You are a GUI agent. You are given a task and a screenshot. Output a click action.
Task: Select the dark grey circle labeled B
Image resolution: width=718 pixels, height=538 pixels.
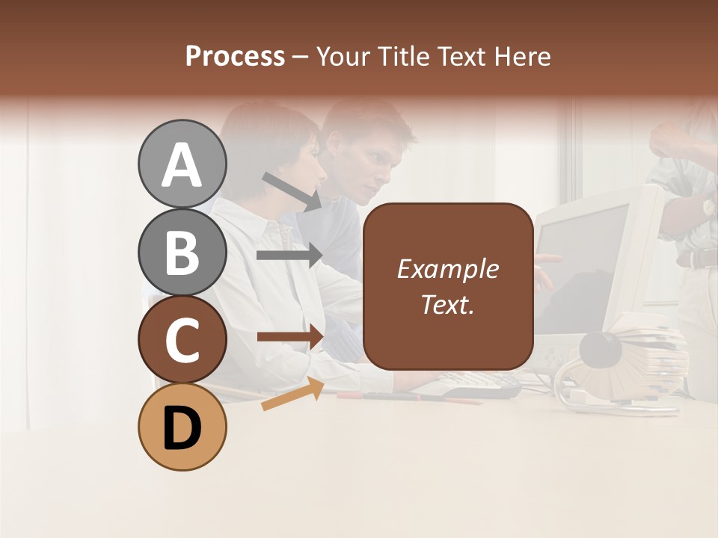182,252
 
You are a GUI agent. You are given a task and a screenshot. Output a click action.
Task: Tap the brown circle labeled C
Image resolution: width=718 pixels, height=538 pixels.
182,340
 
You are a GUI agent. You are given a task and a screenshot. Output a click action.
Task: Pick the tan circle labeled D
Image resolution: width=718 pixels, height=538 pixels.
182,427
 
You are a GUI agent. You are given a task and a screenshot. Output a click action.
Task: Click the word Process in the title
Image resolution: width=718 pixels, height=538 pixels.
235,57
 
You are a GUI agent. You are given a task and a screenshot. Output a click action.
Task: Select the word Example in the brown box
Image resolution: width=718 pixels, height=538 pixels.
447,269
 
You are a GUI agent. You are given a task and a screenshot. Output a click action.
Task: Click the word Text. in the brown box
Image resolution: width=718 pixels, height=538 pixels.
447,304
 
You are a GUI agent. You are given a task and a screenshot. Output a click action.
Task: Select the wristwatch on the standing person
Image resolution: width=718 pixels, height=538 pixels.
706,207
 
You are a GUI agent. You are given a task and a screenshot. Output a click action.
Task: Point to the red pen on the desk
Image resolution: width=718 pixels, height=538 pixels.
408,397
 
